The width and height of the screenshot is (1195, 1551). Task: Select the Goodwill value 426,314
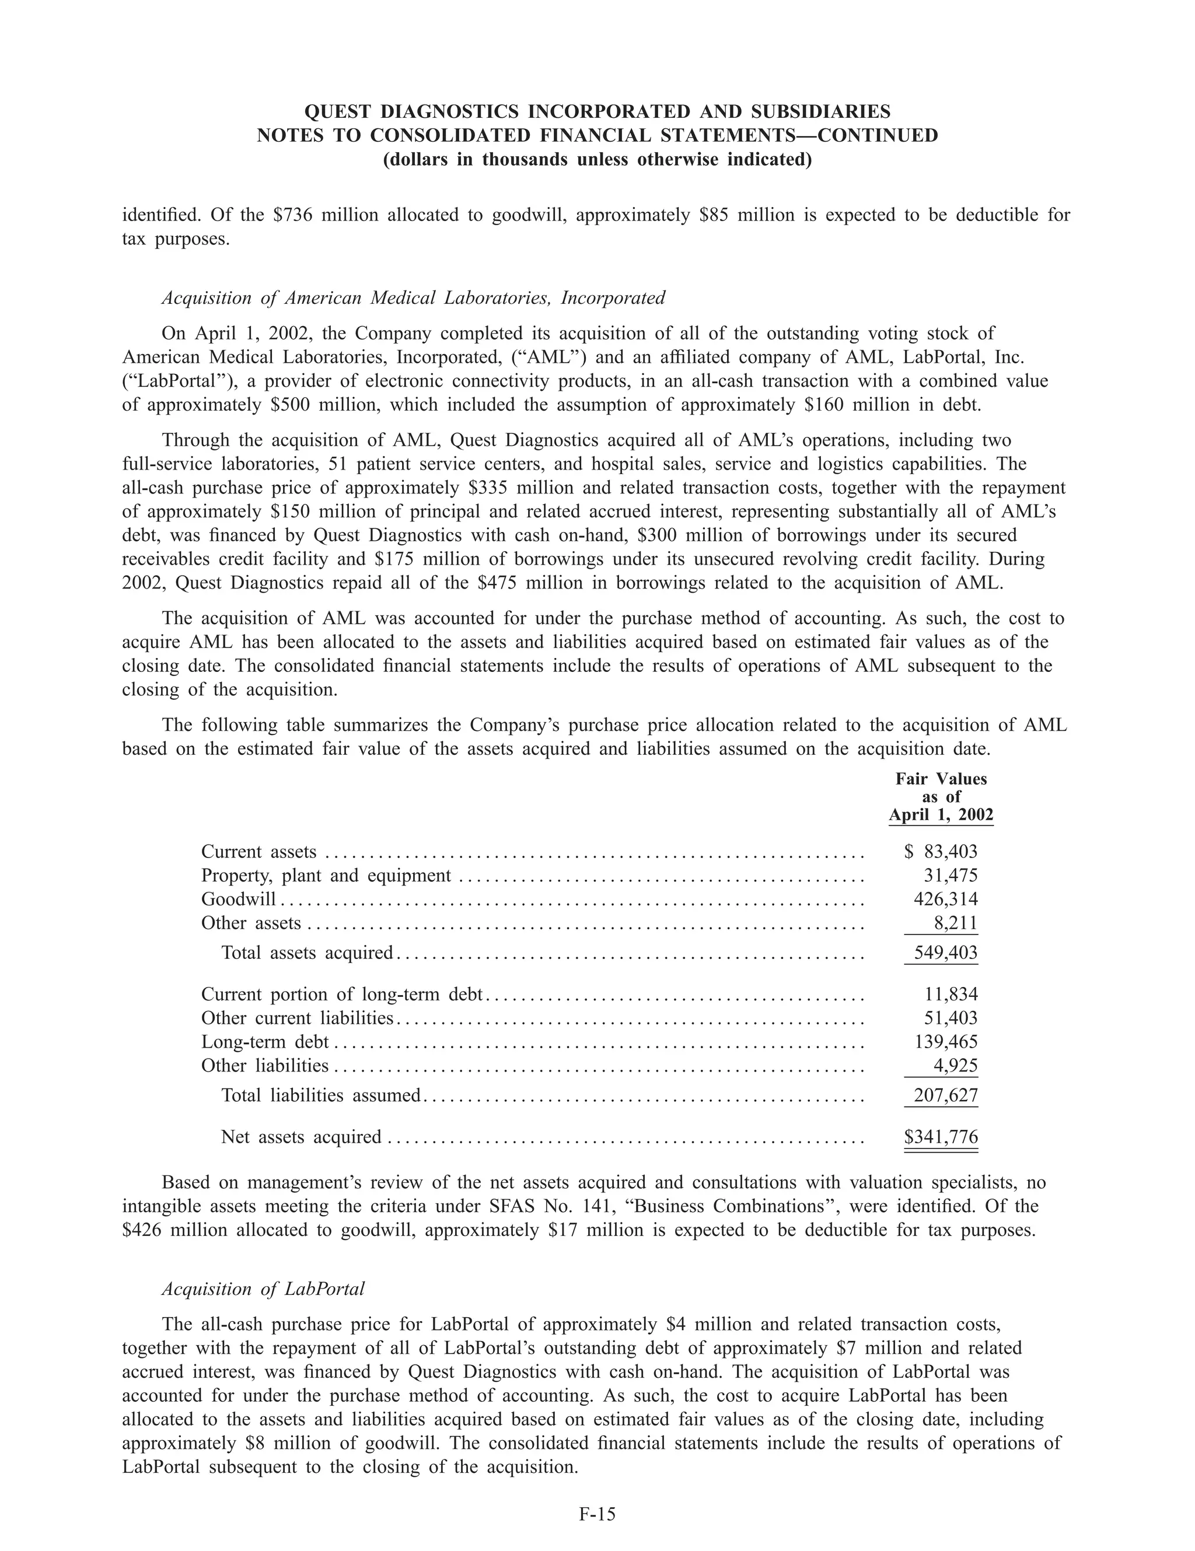[x=945, y=899]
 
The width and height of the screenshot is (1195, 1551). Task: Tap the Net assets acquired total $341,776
[x=941, y=1137]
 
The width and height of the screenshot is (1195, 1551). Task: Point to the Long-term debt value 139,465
[x=945, y=1042]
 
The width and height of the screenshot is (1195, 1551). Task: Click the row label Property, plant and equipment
[x=326, y=876]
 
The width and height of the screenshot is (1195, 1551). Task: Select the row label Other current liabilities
[x=297, y=1018]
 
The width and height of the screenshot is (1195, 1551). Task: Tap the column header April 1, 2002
[x=941, y=814]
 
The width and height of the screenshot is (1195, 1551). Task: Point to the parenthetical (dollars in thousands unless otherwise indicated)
[x=597, y=159]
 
